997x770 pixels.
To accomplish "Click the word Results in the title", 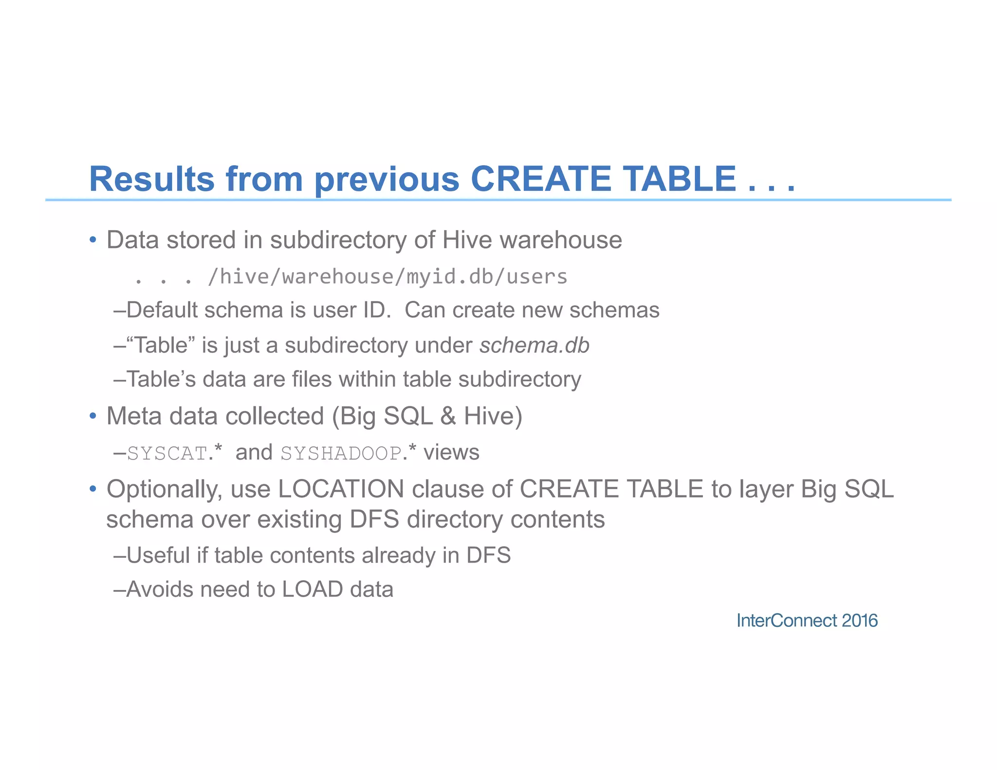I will coord(151,179).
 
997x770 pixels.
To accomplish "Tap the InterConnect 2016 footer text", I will coord(807,621).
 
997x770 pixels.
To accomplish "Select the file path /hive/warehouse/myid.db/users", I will coord(387,277).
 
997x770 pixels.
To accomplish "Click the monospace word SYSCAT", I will coord(167,453).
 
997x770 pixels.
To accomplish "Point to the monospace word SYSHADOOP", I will coord(341,453).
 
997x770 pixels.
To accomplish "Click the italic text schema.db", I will coord(534,345).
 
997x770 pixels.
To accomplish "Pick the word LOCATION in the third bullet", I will coord(341,489).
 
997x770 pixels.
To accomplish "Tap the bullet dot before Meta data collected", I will coord(93,416).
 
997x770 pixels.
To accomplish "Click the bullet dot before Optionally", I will coord(93,489).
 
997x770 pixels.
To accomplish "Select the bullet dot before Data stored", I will coord(93,240).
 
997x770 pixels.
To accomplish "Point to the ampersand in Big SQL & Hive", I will coord(448,416).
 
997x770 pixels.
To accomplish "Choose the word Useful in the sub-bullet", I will coord(158,555).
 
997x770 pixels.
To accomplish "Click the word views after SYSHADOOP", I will coord(451,453).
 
